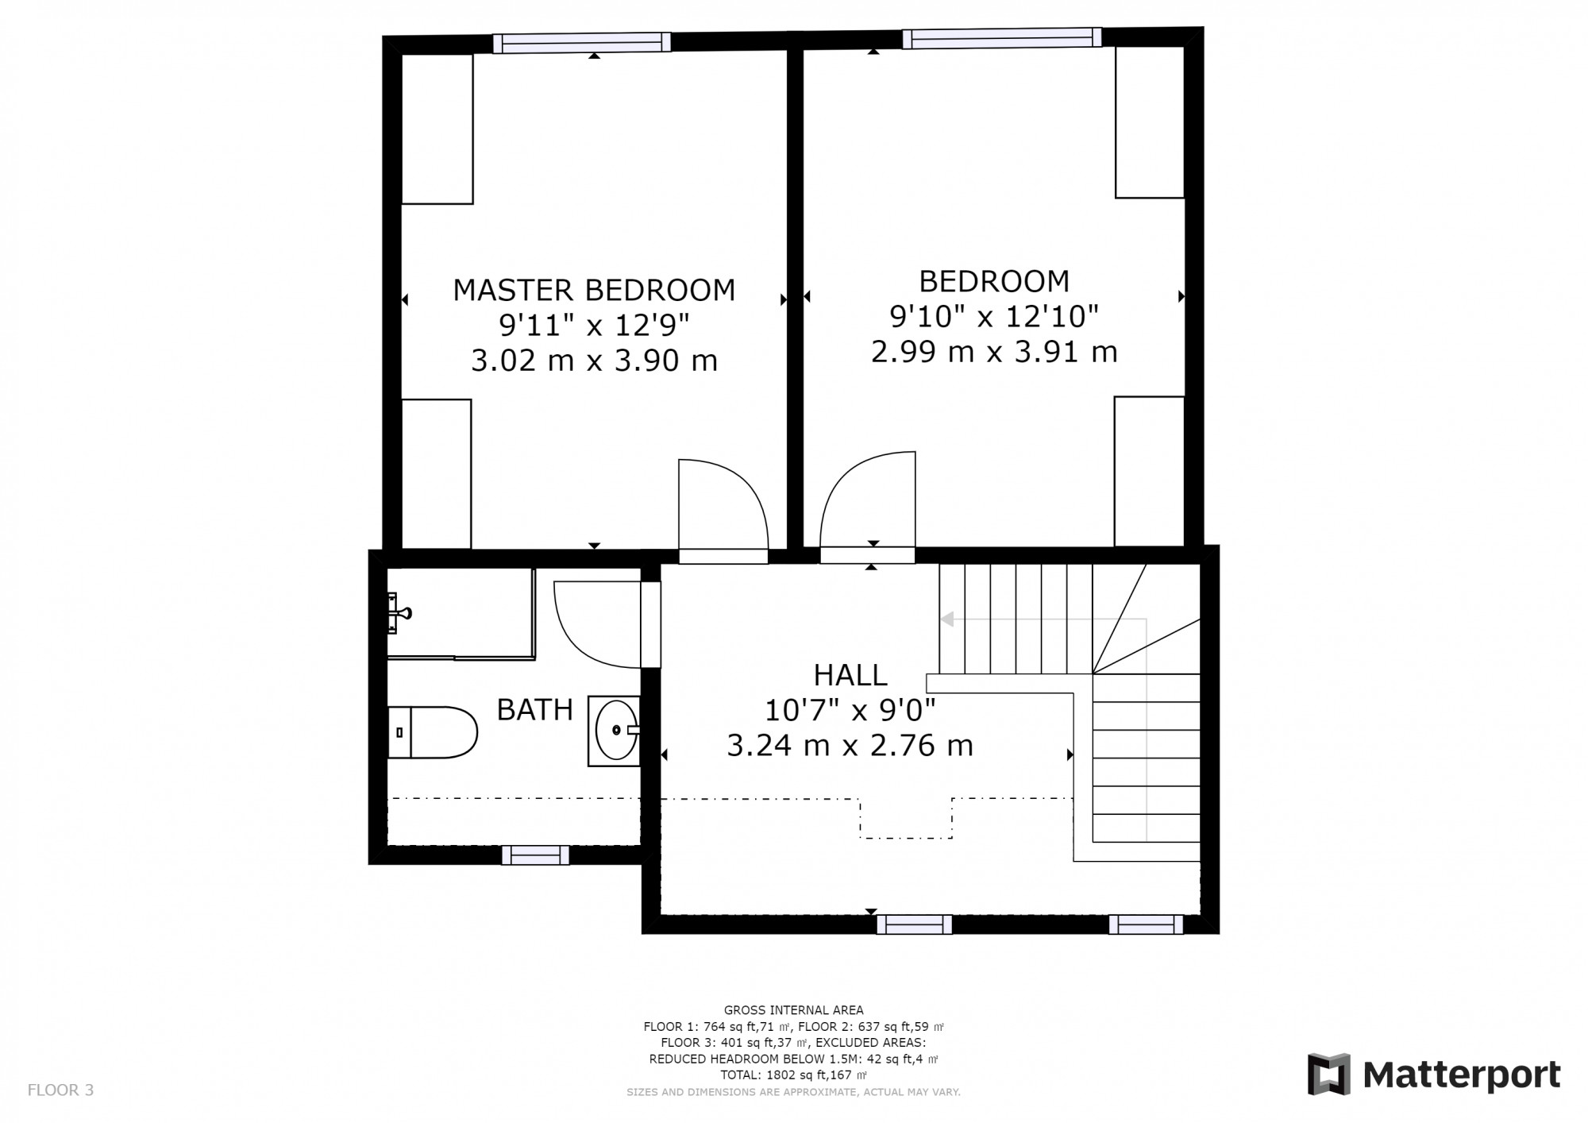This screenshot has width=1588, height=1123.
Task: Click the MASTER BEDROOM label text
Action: [x=594, y=290]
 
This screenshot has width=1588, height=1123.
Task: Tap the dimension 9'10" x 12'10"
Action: [x=993, y=317]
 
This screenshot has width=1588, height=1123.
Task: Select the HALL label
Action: [x=850, y=675]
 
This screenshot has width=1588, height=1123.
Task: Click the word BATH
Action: [x=534, y=709]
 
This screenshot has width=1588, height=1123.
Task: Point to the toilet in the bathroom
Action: [x=433, y=732]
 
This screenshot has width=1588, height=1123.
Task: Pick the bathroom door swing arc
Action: [x=595, y=623]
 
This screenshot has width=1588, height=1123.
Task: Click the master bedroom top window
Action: [x=581, y=43]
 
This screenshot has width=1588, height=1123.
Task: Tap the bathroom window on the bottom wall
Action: [x=535, y=855]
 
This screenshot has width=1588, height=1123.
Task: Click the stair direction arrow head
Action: [x=946, y=619]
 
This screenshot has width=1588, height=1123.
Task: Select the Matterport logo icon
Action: [x=1328, y=1075]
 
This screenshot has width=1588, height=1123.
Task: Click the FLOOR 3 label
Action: [x=60, y=1090]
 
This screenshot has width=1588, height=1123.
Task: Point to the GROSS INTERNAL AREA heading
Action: [x=793, y=1010]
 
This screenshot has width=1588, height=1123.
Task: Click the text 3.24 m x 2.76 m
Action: [x=850, y=746]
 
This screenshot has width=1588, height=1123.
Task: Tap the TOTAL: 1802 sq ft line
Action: [x=793, y=1075]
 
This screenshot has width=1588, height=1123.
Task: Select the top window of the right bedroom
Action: [x=1001, y=37]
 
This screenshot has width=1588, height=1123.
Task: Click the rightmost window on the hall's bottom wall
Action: [x=1145, y=924]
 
